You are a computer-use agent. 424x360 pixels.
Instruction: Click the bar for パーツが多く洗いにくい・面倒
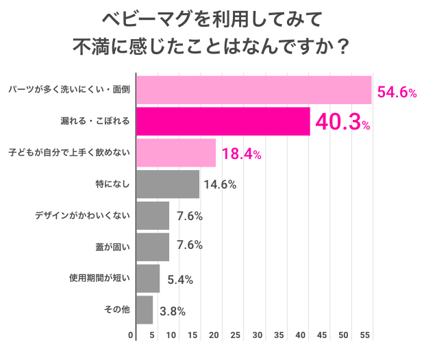[x=254, y=90]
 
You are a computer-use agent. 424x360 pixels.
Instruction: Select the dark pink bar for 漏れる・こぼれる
[x=223, y=121]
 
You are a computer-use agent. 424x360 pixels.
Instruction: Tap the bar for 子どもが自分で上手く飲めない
[x=177, y=153]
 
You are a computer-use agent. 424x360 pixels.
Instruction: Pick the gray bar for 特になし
[x=169, y=184]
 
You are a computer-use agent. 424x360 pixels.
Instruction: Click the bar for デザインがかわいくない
[x=153, y=216]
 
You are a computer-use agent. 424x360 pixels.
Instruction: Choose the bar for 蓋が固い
[x=153, y=247]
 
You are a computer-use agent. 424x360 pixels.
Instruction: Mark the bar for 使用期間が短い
[x=149, y=278]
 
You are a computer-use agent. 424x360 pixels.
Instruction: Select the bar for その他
[x=145, y=310]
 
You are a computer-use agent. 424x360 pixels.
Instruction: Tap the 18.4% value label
[x=241, y=154]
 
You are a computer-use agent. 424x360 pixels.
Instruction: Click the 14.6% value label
[x=219, y=184]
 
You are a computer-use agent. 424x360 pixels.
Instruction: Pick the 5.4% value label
[x=180, y=279]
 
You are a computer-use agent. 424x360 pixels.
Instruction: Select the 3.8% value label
[x=173, y=311]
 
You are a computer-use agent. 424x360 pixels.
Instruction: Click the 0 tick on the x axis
[x=132, y=336]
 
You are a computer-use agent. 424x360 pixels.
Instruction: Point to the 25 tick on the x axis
[x=235, y=336]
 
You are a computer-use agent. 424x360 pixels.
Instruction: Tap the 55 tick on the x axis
[x=365, y=336]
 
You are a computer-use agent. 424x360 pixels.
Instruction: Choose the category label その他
[x=116, y=310]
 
